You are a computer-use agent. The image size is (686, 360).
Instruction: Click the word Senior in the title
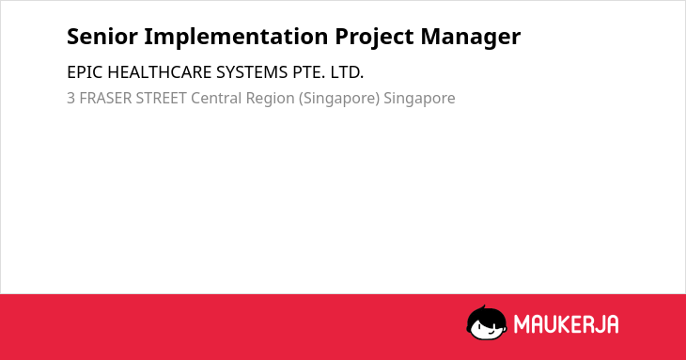click(102, 37)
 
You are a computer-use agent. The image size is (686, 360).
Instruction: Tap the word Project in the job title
click(374, 38)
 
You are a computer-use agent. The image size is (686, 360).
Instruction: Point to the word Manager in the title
click(471, 38)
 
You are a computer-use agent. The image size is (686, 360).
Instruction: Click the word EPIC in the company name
click(85, 72)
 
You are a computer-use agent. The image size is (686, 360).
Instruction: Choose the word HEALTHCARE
click(159, 72)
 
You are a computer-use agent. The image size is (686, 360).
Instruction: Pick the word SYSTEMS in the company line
click(252, 72)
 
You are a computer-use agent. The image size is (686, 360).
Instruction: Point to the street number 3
click(70, 98)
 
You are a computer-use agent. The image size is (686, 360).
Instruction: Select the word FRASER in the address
click(105, 98)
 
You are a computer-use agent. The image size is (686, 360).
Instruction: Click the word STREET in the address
click(162, 98)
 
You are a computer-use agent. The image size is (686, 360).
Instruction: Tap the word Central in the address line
click(216, 98)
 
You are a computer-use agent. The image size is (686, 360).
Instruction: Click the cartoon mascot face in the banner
click(487, 322)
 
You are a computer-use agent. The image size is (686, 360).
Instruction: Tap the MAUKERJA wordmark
click(566, 324)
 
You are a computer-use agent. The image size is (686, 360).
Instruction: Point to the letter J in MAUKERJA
click(597, 324)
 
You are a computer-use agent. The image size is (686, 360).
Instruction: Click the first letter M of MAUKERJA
click(522, 324)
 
